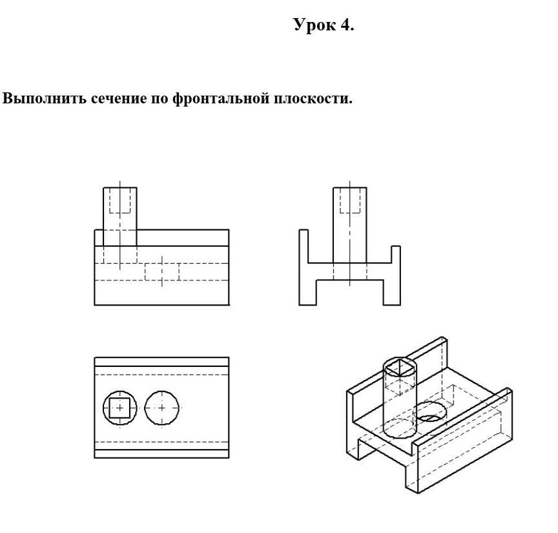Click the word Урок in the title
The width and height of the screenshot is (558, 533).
(315, 25)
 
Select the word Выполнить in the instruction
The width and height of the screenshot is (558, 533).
(45, 98)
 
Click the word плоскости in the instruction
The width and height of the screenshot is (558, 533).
(313, 99)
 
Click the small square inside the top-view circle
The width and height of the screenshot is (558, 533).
(120, 408)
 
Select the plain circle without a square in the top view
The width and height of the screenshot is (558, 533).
(162, 408)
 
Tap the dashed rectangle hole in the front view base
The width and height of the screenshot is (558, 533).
(162, 271)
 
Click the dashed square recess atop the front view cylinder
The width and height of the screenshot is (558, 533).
(120, 200)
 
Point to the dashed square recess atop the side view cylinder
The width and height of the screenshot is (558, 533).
(350, 200)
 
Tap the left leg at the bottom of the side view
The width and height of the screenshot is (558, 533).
(308, 293)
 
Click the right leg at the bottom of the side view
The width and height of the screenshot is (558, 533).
(392, 293)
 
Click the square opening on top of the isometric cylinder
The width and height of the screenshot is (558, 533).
(400, 368)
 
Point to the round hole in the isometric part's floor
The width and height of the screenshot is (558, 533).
(431, 412)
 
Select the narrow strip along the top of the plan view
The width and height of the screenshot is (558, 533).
(162, 362)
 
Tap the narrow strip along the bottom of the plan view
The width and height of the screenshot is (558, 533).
(162, 454)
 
